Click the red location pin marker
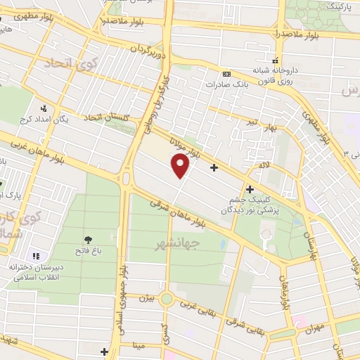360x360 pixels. pyautogui.click(x=181, y=166)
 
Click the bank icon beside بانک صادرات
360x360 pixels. pyautogui.click(x=226, y=74)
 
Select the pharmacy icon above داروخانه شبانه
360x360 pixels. pyautogui.click(x=275, y=60)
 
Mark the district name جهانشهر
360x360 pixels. pyautogui.click(x=176, y=243)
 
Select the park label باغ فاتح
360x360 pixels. pyautogui.click(x=90, y=250)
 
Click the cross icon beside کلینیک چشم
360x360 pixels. pyautogui.click(x=250, y=189)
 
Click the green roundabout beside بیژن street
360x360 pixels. pyautogui.click(x=167, y=299)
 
